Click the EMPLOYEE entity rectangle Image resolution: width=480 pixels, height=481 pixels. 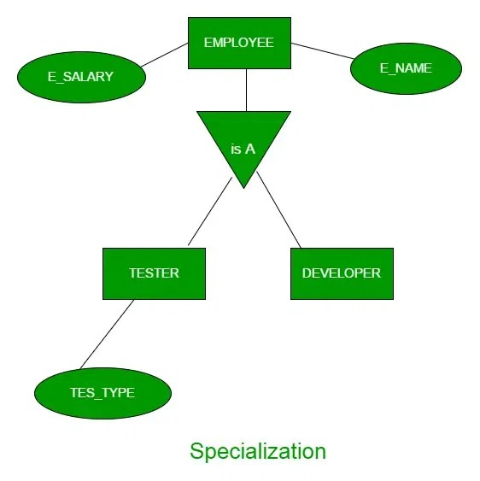point(239,43)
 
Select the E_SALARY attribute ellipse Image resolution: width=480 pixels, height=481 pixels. point(81,77)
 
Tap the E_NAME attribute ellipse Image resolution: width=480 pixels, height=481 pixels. point(406,68)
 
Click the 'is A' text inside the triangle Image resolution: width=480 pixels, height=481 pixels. point(243,149)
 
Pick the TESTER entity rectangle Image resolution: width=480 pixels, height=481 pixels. point(154,273)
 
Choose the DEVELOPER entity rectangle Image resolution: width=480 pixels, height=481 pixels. point(342,273)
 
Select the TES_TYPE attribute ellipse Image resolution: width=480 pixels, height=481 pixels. point(102,393)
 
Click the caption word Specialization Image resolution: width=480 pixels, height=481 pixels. point(257,450)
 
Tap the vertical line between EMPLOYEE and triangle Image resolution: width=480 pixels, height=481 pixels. point(246,90)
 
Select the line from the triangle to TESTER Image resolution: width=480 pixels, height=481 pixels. point(209,212)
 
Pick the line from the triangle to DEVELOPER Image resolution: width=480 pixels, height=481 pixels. point(278,209)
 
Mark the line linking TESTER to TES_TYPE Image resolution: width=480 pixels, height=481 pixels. point(108,334)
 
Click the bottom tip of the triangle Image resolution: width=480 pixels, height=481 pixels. point(243,186)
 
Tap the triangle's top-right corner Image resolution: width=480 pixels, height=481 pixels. point(290,113)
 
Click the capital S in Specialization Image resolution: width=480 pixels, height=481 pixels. point(196,450)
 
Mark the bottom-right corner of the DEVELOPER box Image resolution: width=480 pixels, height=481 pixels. point(392,298)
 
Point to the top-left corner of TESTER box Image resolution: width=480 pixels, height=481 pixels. point(104,249)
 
